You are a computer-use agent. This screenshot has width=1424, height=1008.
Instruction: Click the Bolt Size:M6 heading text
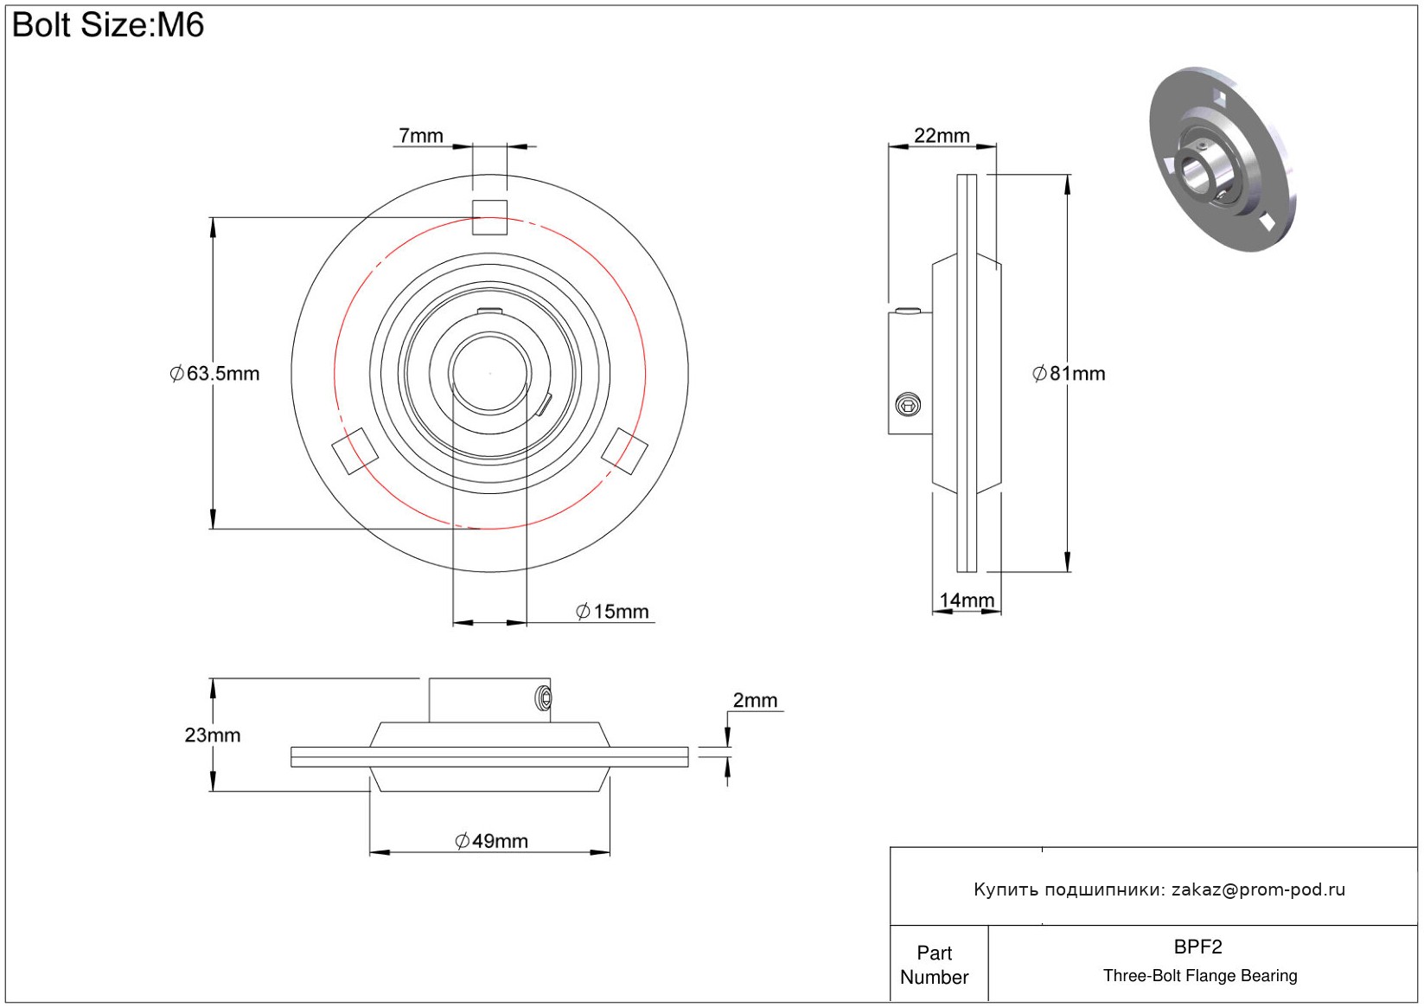click(x=108, y=25)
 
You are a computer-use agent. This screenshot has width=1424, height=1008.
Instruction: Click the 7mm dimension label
click(x=421, y=136)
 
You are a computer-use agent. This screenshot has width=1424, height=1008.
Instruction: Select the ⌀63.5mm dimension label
click(x=215, y=374)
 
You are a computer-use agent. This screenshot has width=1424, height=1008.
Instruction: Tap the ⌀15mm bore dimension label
click(x=612, y=612)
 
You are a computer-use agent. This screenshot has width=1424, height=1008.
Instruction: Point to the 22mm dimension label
click(x=942, y=136)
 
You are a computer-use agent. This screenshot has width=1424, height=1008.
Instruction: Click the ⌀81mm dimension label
click(x=1069, y=374)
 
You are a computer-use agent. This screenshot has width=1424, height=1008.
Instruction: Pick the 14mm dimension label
click(x=967, y=600)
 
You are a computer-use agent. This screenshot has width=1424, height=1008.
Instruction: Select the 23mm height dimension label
click(x=213, y=735)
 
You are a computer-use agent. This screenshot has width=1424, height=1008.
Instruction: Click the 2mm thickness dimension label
click(x=755, y=700)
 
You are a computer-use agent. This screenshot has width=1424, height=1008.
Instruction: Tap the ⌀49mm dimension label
click(x=491, y=841)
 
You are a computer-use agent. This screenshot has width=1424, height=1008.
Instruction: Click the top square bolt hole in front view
click(x=489, y=218)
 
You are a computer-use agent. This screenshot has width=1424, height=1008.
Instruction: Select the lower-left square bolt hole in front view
click(x=355, y=451)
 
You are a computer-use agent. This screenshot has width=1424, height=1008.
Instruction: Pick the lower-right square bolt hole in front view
click(x=624, y=451)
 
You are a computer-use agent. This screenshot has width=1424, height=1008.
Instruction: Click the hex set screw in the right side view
click(x=908, y=405)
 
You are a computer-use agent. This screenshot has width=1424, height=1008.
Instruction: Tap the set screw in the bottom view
click(x=544, y=698)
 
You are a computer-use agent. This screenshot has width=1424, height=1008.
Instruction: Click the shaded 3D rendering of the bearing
click(x=1222, y=159)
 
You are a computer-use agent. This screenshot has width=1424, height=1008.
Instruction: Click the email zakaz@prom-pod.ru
click(x=1258, y=889)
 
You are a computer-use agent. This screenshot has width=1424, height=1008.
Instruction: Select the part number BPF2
click(x=1197, y=947)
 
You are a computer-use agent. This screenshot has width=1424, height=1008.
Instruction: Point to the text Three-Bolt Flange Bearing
click(x=1200, y=975)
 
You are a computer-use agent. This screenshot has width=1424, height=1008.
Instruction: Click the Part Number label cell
click(x=934, y=966)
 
